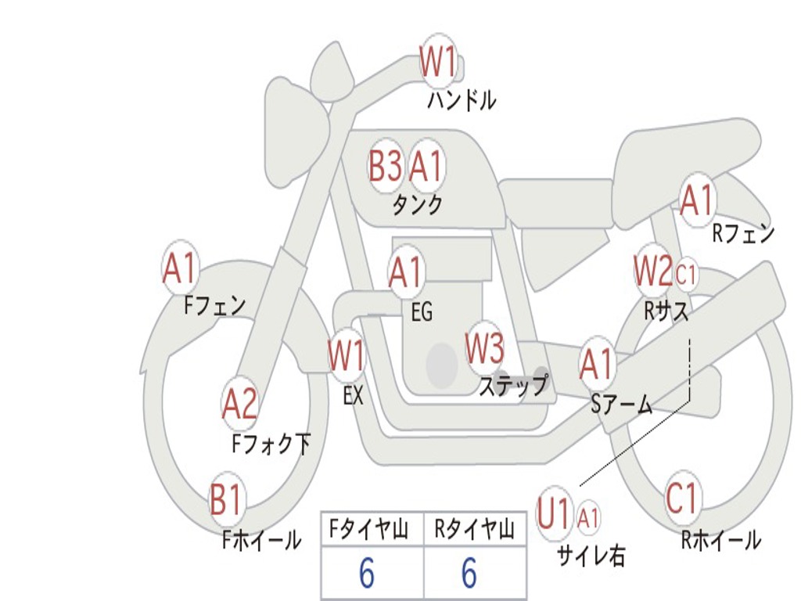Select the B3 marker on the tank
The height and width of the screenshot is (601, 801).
385,166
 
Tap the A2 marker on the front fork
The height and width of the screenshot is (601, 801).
240,405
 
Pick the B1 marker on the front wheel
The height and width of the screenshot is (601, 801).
226,498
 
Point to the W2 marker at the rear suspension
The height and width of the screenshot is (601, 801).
654,270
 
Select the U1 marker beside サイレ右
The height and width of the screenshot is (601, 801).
555,513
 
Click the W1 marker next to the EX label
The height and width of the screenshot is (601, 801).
347,354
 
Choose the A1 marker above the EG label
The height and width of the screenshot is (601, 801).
406,272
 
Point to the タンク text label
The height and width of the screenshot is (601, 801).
418,205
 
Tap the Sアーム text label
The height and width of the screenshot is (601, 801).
622,405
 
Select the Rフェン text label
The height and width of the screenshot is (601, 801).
743,233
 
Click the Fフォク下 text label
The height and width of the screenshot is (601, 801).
271,444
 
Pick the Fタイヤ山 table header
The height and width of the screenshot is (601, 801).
369,530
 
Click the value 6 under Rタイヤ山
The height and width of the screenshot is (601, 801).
469,574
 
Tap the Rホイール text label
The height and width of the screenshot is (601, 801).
720,540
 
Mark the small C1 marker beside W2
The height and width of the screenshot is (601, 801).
686,275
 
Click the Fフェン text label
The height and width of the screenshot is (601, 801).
214,306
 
